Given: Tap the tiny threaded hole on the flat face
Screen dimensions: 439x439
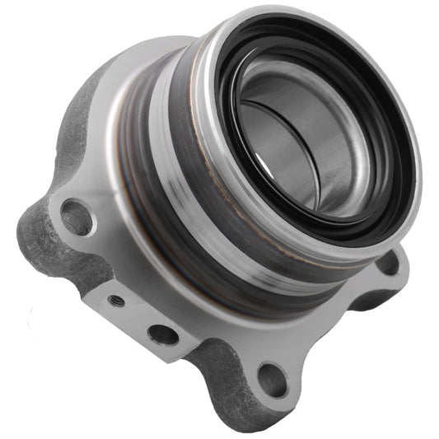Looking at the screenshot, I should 117,301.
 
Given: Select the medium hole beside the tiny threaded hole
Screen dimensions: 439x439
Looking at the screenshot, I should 162,334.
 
